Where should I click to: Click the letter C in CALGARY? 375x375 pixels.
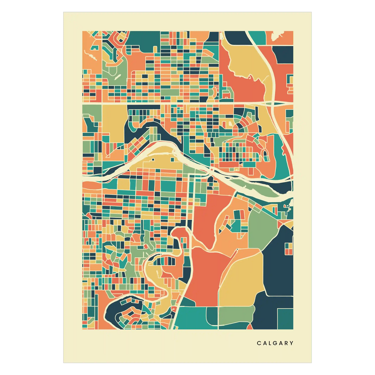[x=259, y=343]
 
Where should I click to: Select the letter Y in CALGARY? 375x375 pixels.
[x=292, y=343]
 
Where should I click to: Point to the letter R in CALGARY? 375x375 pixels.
[x=287, y=343]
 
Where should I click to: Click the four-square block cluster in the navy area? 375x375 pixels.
[x=289, y=249]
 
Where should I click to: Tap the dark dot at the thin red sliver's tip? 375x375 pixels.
[x=237, y=250]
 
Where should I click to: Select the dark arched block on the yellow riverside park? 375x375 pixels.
[x=153, y=159]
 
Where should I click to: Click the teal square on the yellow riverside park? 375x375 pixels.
[x=173, y=159]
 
